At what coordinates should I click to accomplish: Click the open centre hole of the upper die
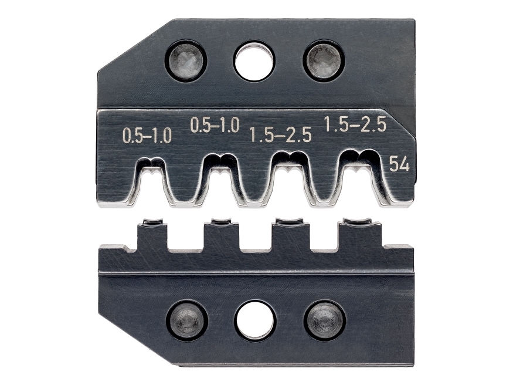pos(254,61)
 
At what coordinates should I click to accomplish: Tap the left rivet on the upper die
pos(186,60)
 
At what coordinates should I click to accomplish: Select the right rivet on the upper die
pos(324,60)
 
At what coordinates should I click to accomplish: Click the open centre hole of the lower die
pos(256,319)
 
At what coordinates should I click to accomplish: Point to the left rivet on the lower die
pos(187,319)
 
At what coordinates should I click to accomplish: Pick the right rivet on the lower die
pos(325,319)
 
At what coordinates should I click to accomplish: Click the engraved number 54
pos(399,164)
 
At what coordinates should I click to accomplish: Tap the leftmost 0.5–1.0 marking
pos(147,136)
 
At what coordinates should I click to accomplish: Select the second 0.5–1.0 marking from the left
pos(215,126)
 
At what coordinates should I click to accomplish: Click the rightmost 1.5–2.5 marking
pos(355,124)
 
